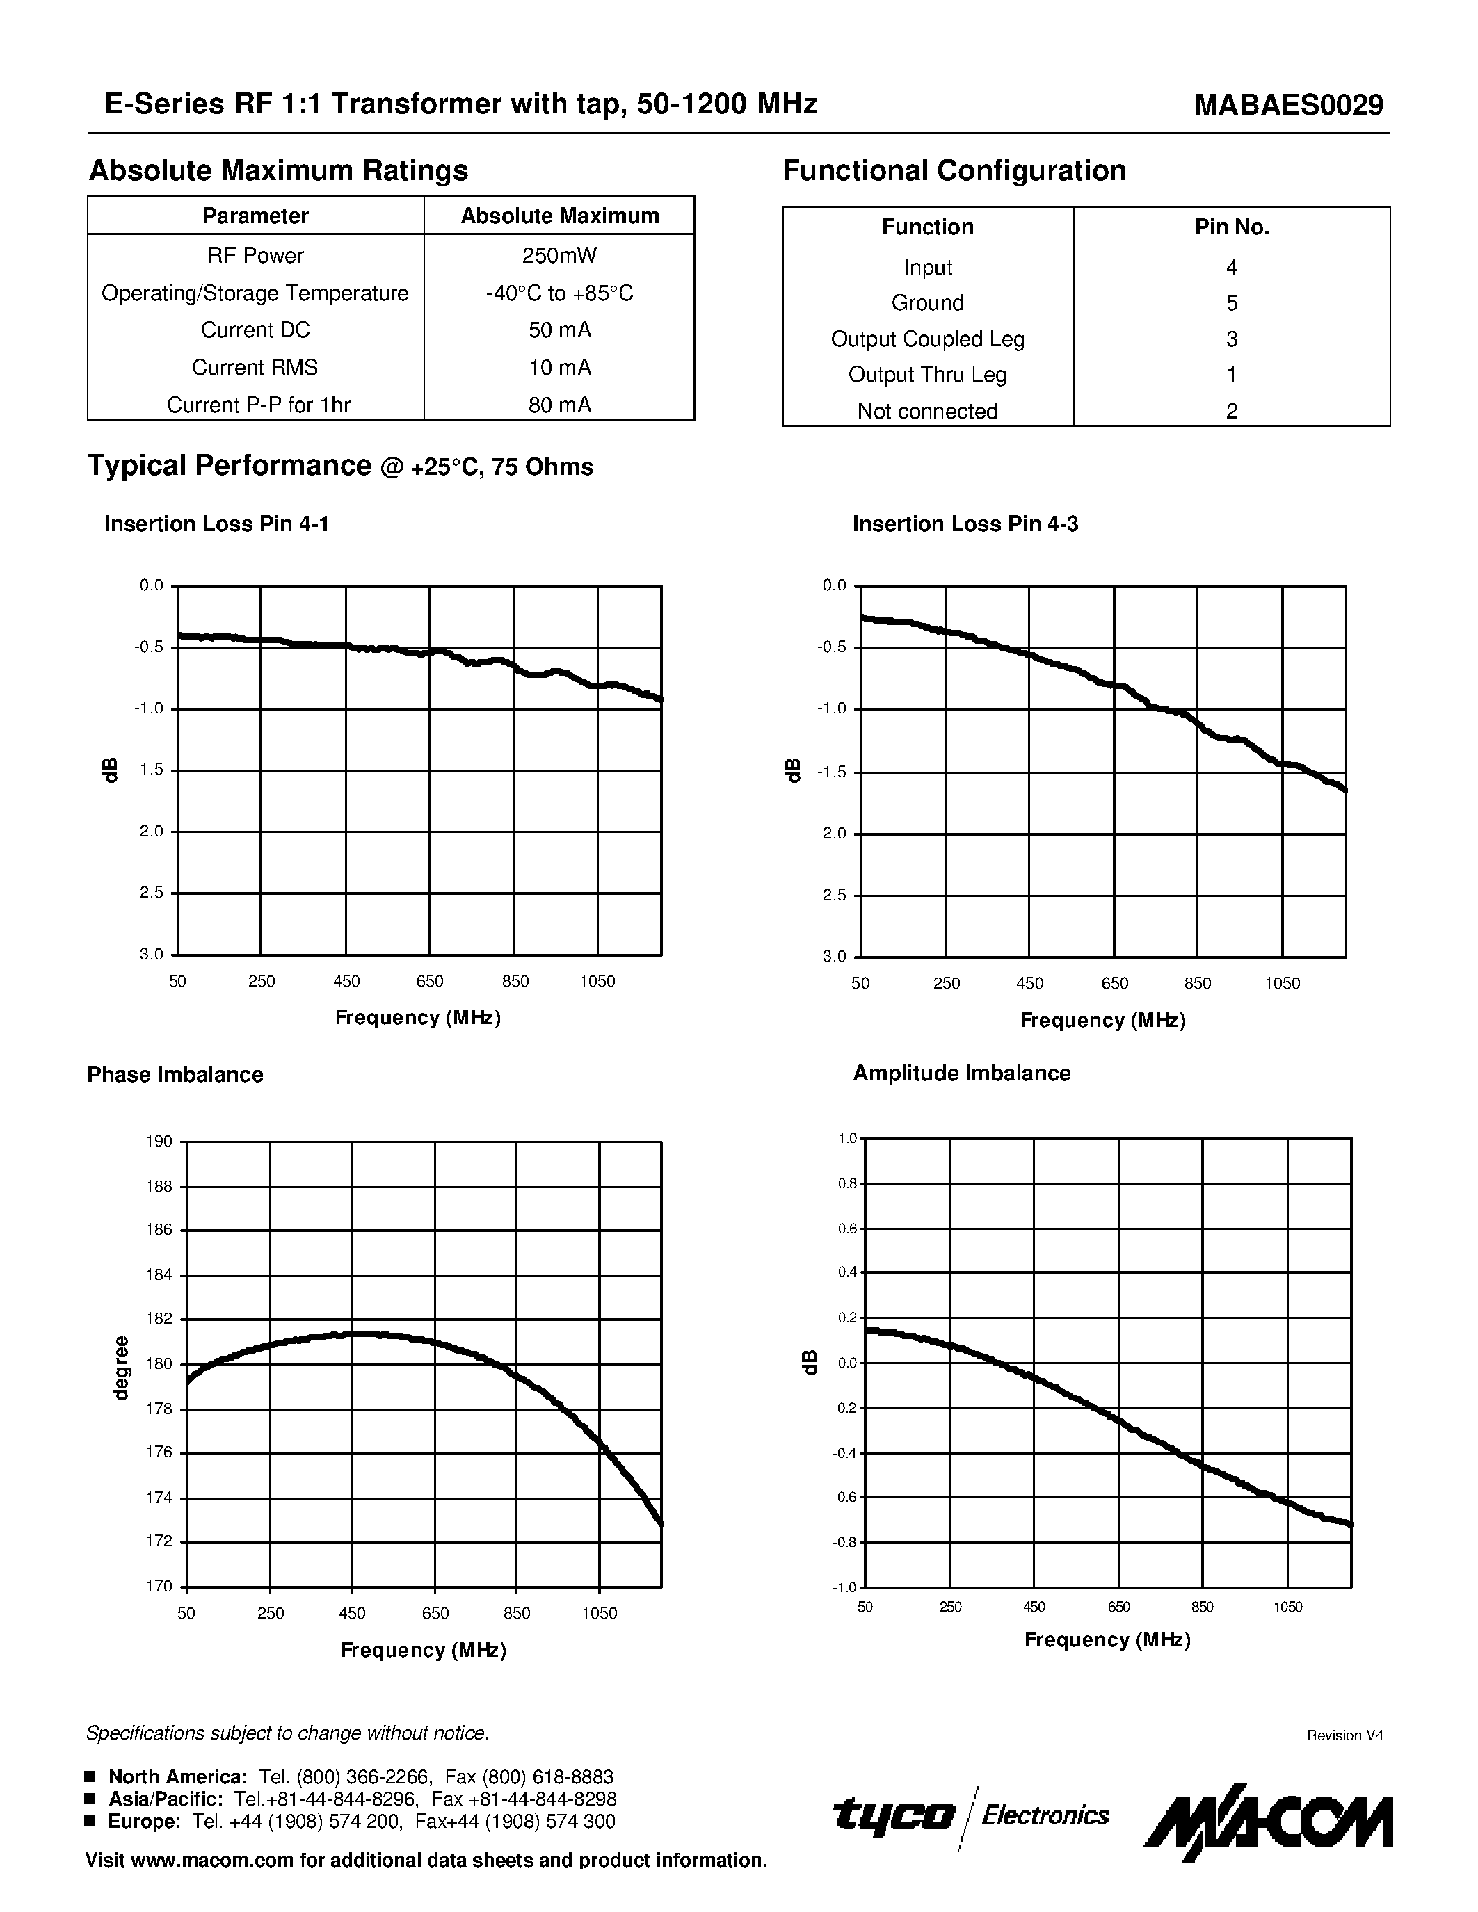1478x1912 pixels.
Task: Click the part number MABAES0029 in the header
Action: pos(1289,105)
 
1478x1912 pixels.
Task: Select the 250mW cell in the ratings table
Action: pos(559,256)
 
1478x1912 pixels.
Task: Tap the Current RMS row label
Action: pos(255,368)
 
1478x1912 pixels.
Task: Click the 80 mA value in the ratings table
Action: pos(559,405)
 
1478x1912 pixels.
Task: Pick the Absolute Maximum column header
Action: pos(559,216)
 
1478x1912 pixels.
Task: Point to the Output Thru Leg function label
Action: pos(927,375)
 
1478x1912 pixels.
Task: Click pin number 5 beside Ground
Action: pos(1231,303)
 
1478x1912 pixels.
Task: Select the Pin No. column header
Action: pos(1231,227)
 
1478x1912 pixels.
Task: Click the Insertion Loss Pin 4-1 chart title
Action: pos(216,524)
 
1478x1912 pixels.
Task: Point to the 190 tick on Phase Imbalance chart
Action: pos(159,1142)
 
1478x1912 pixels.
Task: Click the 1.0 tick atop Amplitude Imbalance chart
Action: pos(846,1138)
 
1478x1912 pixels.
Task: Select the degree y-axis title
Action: pos(122,1368)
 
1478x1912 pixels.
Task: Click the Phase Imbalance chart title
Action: pos(175,1074)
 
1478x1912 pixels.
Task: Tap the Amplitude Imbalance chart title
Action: pos(961,1074)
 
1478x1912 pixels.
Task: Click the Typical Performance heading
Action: pos(230,466)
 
